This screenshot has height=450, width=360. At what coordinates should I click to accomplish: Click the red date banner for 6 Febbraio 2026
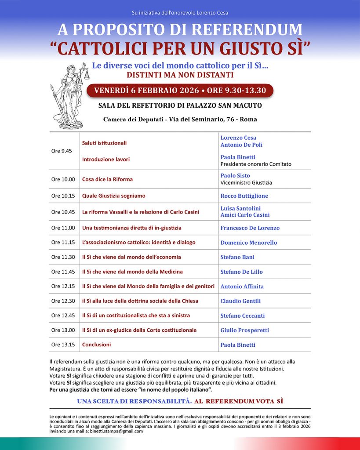[180, 91]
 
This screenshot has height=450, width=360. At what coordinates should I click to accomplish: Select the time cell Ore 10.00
[63, 179]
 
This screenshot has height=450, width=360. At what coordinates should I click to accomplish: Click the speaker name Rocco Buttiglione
[244, 196]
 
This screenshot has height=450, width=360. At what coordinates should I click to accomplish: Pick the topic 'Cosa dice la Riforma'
[107, 179]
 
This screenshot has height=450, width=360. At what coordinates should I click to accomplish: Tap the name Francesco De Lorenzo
[250, 228]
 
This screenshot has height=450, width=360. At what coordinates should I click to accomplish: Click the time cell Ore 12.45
[63, 316]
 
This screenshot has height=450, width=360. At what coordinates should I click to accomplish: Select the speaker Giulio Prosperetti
[244, 330]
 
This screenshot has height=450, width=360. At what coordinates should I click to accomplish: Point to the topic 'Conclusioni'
[96, 345]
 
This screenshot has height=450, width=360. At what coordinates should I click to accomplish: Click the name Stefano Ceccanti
[242, 316]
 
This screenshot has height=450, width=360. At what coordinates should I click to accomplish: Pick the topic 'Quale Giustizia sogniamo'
[113, 196]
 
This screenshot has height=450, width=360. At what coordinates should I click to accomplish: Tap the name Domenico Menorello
[248, 243]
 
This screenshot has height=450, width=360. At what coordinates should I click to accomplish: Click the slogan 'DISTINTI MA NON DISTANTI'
[179, 75]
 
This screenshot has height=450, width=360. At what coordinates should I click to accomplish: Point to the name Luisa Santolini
[240, 208]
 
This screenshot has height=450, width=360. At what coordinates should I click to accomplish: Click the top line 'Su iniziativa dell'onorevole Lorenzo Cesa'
[180, 13]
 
